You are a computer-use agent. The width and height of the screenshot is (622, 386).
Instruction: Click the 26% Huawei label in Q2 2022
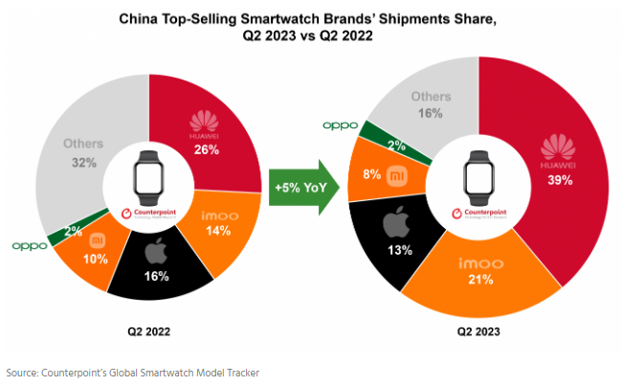click(204, 150)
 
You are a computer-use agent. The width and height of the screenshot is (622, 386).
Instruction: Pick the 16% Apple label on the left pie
click(157, 276)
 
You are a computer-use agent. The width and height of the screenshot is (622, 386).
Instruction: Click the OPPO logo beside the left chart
click(29, 246)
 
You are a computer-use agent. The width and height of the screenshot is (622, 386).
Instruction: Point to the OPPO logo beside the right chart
click(340, 125)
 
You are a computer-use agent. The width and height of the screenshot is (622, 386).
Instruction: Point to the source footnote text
click(132, 372)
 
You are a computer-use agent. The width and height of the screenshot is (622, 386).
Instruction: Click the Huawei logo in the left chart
click(204, 122)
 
